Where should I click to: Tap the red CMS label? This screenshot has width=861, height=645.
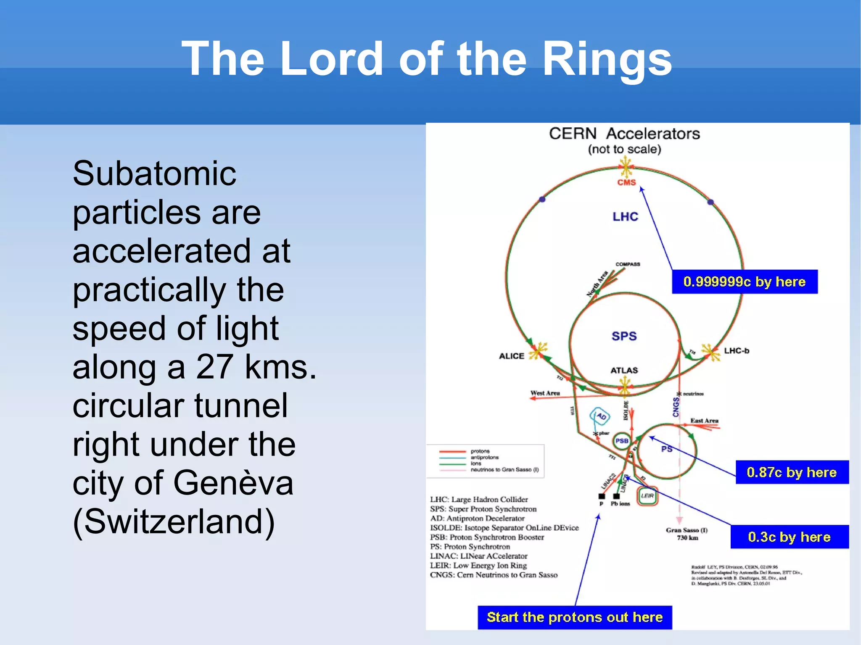tap(626, 182)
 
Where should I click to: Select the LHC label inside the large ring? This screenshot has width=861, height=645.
tap(625, 216)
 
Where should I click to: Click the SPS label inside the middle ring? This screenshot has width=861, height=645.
tap(624, 336)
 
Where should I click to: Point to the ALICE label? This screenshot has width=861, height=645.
tap(511, 356)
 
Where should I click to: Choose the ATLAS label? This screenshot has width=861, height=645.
tap(624, 370)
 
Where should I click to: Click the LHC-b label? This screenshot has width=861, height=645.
tap(736, 350)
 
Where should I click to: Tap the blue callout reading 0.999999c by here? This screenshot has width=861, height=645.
tap(744, 282)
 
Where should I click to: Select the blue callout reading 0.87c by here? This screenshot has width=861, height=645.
tap(792, 472)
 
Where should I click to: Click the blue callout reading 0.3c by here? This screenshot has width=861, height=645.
tap(789, 537)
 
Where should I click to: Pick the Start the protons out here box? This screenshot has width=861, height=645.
tap(574, 617)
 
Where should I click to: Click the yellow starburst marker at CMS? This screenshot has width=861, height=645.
tap(626, 167)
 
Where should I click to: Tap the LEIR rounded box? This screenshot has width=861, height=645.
tap(647, 496)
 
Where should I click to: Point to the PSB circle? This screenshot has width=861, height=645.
tap(622, 441)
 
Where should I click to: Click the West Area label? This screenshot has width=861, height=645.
tap(545, 393)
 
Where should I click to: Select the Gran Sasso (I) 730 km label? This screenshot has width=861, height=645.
tap(687, 534)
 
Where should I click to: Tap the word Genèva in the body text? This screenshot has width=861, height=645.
tap(233, 483)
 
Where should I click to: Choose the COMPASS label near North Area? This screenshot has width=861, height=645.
tap(628, 264)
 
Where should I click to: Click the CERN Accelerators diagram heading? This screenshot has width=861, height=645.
tap(624, 134)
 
